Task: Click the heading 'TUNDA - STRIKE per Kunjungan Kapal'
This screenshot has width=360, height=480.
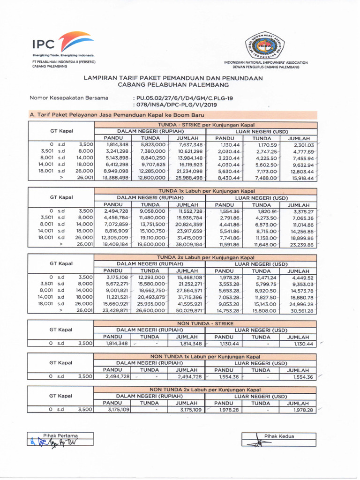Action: pos(205,124)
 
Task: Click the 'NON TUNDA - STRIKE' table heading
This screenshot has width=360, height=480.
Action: pos(205,323)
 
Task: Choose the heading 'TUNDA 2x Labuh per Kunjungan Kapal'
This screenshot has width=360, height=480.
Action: pos(205,257)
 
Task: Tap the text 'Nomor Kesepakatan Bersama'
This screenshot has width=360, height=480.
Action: pos(69,98)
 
